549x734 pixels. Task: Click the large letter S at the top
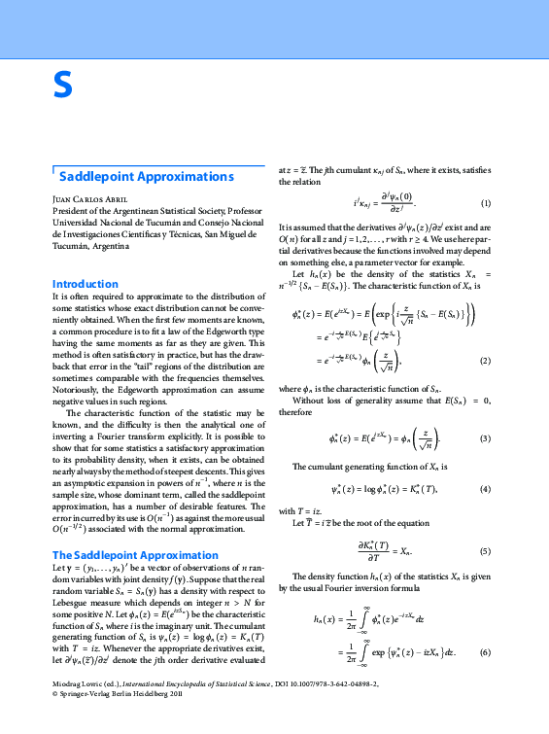click(62, 87)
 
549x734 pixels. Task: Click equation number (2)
click(486, 361)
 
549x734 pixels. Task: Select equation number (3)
click(486, 438)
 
